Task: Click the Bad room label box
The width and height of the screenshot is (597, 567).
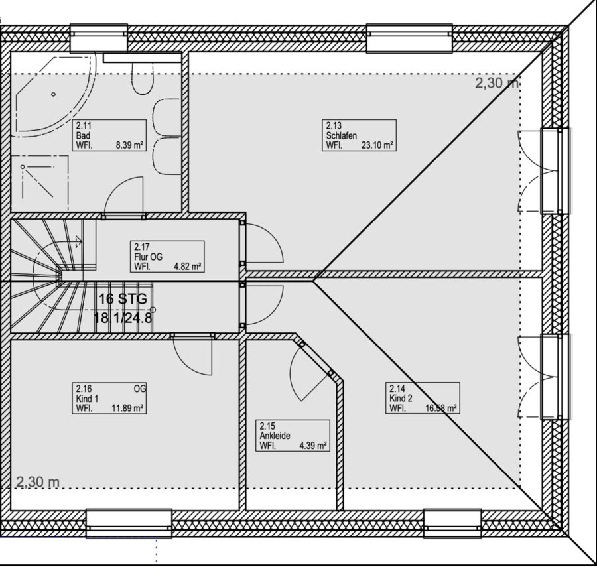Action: tap(109, 135)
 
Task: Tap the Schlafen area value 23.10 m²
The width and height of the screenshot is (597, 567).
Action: tap(377, 145)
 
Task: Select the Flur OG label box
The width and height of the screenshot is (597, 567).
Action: tap(167, 256)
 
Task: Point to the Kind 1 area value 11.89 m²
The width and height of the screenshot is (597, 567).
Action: tap(127, 409)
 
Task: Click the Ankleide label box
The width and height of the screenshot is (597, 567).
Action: tap(293, 436)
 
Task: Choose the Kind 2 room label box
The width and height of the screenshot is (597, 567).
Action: tap(423, 398)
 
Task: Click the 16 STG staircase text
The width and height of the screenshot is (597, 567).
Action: tap(123, 298)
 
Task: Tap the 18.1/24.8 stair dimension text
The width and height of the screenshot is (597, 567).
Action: tap(123, 318)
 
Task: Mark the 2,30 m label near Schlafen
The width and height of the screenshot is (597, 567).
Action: tap(497, 83)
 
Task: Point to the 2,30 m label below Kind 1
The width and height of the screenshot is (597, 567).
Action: tap(38, 482)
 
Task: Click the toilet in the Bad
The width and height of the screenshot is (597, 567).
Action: tap(143, 78)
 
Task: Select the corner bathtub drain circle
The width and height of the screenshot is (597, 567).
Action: tap(54, 94)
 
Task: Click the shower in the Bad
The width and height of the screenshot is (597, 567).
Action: tap(40, 182)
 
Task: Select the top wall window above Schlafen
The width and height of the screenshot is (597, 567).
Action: tap(409, 38)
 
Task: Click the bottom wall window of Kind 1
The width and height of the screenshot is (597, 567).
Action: tap(129, 525)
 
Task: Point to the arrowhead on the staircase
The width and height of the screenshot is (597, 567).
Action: tap(79, 241)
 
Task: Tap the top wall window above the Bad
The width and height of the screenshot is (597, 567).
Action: tap(99, 38)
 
